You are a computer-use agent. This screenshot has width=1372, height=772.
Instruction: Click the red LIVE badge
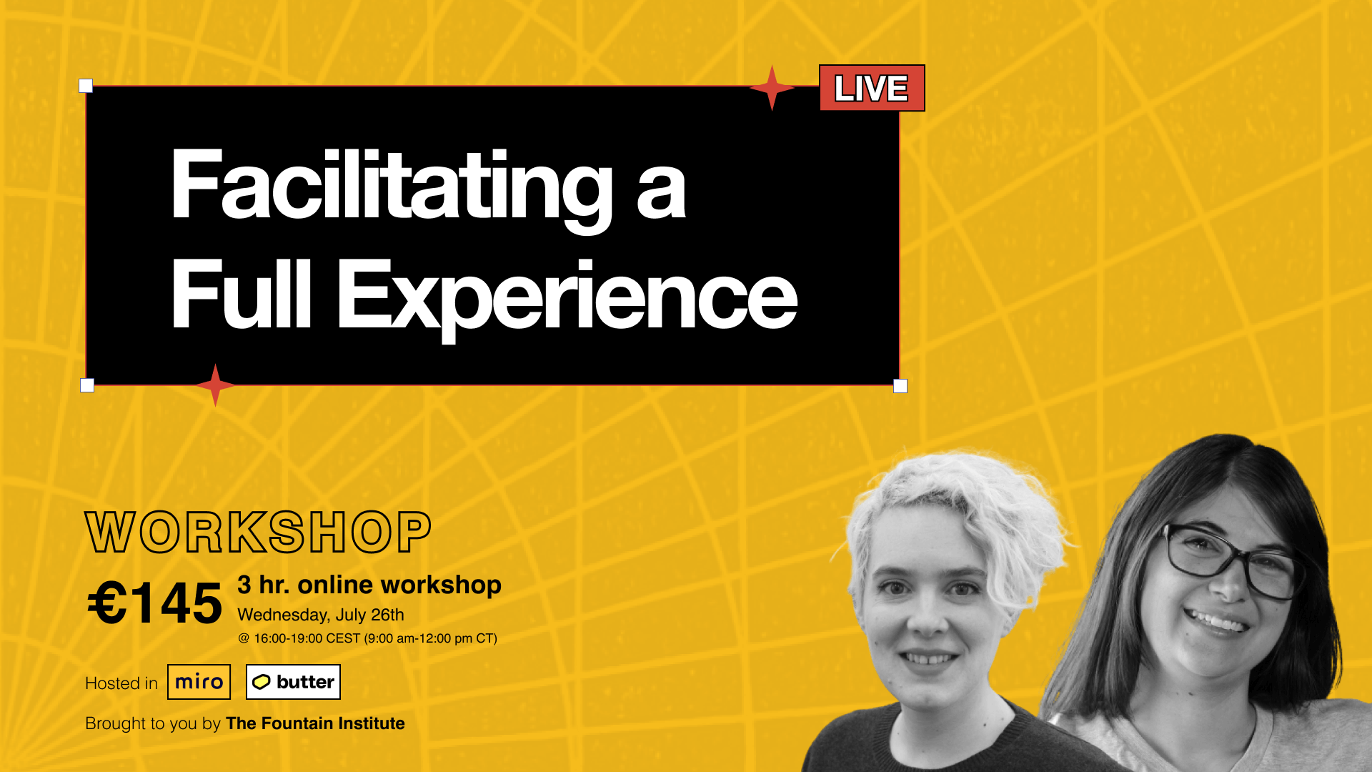pyautogui.click(x=872, y=88)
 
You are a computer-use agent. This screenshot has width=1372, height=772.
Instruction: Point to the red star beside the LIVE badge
pyautogui.click(x=772, y=88)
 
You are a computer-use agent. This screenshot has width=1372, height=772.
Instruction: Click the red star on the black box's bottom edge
pyautogui.click(x=215, y=385)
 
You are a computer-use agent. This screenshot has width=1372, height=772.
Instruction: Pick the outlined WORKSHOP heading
pyautogui.click(x=258, y=533)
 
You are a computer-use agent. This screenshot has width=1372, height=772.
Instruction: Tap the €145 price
pyautogui.click(x=154, y=603)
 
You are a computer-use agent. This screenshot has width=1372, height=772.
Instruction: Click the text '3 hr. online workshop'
pyautogui.click(x=369, y=585)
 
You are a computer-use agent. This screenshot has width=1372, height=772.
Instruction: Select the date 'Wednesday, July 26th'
pyautogui.click(x=321, y=615)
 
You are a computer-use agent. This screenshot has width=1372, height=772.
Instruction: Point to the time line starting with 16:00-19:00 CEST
pyautogui.click(x=368, y=638)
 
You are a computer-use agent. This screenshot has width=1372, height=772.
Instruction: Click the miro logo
pyautogui.click(x=199, y=682)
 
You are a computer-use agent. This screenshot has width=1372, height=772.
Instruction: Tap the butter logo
pyautogui.click(x=293, y=682)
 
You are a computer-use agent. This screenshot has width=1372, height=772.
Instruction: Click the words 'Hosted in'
pyautogui.click(x=121, y=683)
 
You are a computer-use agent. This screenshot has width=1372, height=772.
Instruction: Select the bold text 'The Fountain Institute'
pyautogui.click(x=315, y=723)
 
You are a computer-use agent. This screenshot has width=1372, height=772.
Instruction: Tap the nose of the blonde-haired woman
pyautogui.click(x=927, y=615)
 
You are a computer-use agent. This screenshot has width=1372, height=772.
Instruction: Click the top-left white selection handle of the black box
pyautogui.click(x=86, y=86)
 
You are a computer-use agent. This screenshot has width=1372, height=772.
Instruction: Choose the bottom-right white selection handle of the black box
pyautogui.click(x=900, y=386)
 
